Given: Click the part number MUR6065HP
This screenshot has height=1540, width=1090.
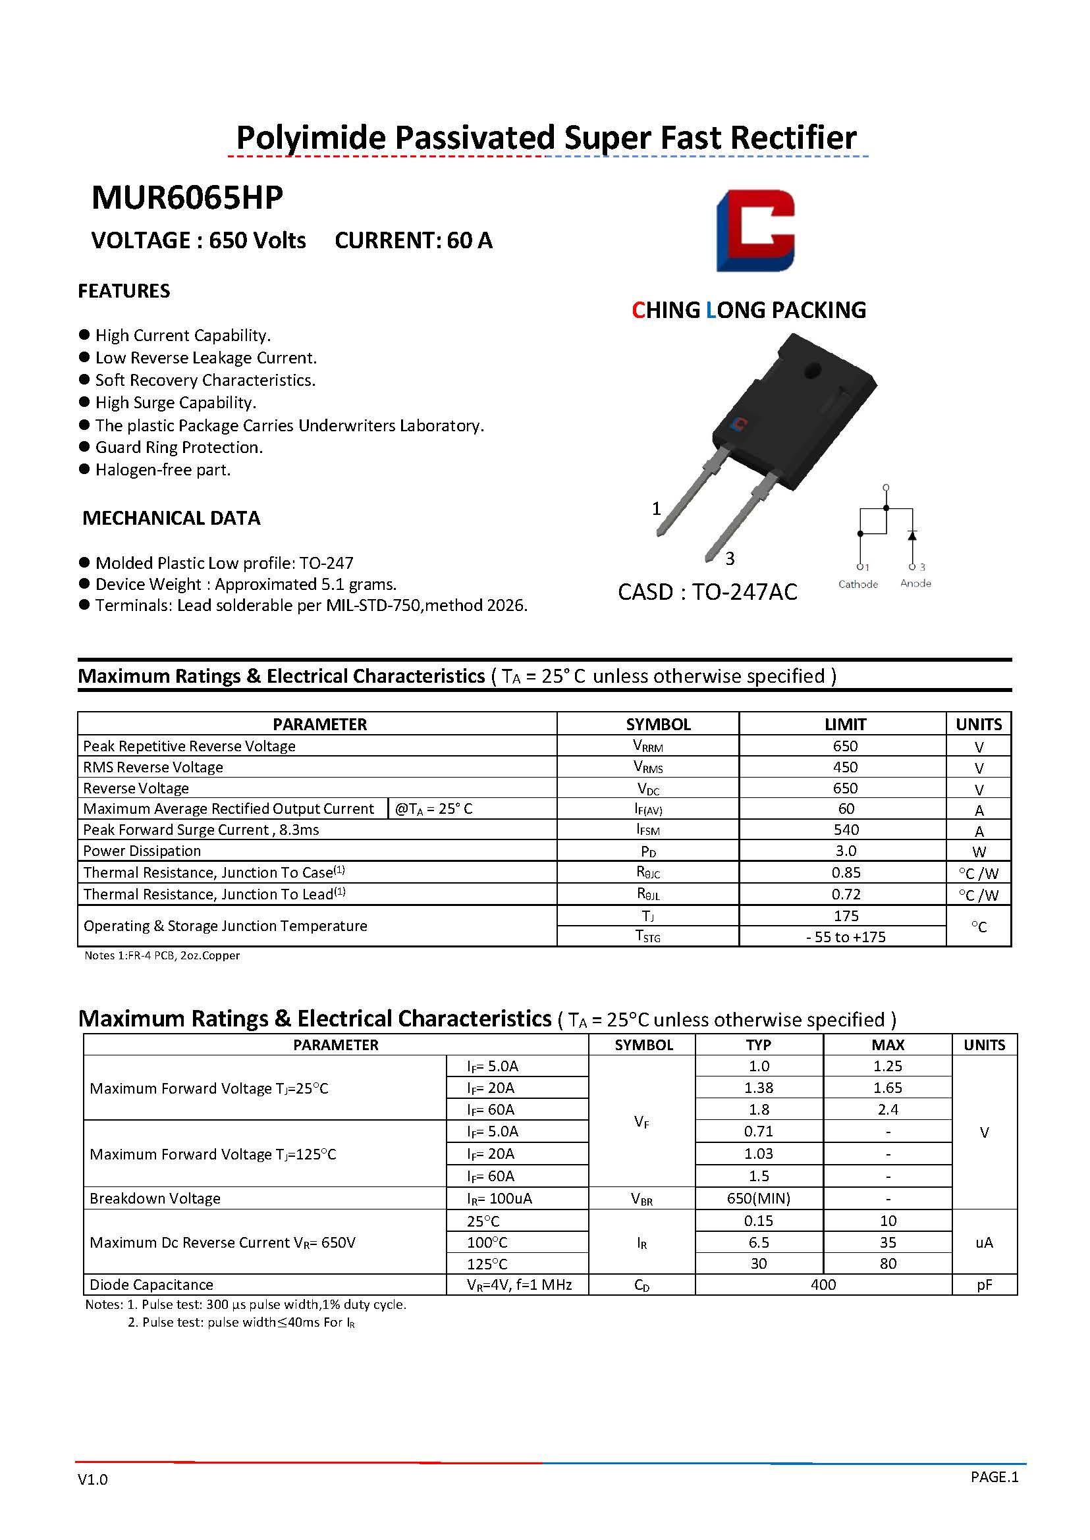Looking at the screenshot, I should pos(186,198).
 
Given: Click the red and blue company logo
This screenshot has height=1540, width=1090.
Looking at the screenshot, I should pos(755,230).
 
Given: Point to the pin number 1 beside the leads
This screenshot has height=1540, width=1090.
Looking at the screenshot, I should pos(657,509).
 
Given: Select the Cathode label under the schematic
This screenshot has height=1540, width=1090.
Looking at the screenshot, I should pos(858,584).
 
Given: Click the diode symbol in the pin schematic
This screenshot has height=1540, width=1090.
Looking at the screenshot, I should pos(912,535).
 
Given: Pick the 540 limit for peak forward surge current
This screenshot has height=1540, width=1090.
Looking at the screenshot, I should pos(845,830).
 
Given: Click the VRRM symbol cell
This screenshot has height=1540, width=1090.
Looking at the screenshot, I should pos(647,746).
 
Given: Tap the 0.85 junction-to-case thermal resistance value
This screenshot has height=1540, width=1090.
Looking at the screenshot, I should pos(845,872).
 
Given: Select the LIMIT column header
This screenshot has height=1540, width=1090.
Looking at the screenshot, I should pos(845,724).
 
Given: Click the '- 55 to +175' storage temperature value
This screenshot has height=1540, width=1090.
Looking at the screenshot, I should pos(845,937).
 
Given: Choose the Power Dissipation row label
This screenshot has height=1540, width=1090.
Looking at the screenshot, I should pos(142,851).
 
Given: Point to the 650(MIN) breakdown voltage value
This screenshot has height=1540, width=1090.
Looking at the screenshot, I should pos(759,1198).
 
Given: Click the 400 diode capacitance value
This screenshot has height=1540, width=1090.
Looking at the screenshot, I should pos(823,1285).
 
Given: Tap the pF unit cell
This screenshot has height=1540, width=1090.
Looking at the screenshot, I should pos(984,1285).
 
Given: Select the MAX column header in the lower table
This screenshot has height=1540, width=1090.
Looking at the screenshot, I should pos(887,1045).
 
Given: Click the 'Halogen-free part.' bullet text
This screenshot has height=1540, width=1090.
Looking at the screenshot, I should pos(163,469).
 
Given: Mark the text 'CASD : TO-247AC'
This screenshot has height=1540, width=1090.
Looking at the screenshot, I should pos(707,592).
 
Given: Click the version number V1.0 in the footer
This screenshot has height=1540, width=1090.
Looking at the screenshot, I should pos(93,1479).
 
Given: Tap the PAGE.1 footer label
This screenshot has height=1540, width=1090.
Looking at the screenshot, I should pos(994,1477).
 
